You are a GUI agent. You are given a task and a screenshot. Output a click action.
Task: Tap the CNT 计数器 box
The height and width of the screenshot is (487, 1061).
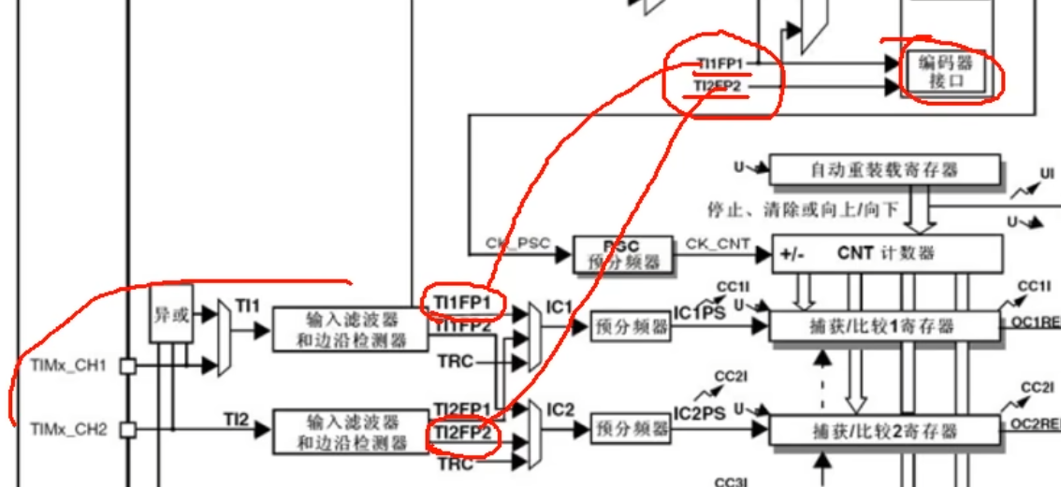click(x=885, y=253)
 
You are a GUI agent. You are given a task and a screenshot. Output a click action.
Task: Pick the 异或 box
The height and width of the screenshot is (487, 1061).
click(x=171, y=316)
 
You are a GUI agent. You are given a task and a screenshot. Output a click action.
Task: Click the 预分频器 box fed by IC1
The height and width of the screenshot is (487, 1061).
click(x=631, y=327)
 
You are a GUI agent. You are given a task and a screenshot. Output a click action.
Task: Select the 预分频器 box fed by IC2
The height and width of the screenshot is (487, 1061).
click(x=631, y=429)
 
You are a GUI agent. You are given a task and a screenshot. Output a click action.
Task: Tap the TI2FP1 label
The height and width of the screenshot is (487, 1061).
click(x=461, y=408)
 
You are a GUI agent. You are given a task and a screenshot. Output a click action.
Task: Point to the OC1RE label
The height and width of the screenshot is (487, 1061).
click(x=1039, y=322)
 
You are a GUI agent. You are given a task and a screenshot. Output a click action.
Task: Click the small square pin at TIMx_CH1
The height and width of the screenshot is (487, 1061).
click(x=129, y=367)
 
